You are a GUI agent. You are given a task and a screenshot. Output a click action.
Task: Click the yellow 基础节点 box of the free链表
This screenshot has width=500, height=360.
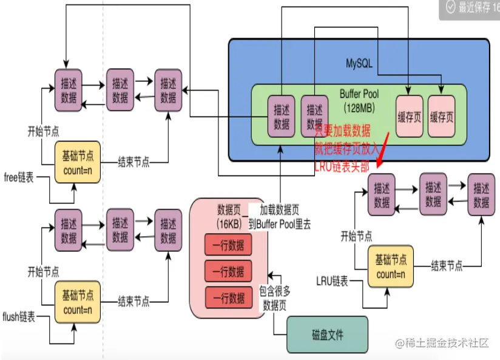pyautogui.click(x=78, y=163)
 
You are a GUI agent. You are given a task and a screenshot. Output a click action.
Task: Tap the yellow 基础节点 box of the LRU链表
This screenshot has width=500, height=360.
pyautogui.click(x=390, y=267)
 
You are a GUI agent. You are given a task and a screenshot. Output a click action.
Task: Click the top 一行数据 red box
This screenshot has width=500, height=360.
pyautogui.click(x=228, y=246)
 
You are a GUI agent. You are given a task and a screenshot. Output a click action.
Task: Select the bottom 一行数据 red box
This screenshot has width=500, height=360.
pyautogui.click(x=228, y=297)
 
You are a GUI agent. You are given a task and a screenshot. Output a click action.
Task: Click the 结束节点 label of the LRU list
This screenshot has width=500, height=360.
pyautogui.click(x=447, y=265)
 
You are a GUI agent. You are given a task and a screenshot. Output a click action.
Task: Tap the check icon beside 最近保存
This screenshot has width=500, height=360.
pyautogui.click(x=450, y=7)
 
